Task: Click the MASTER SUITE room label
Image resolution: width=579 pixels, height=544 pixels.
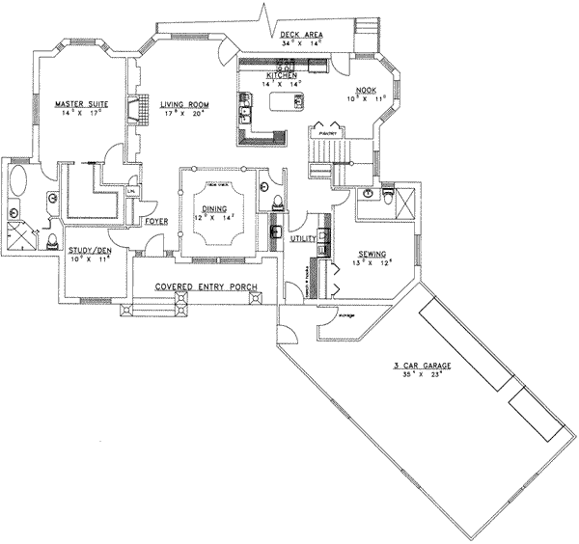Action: pos(81,101)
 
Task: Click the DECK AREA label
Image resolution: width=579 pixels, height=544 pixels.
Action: pos(301,35)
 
